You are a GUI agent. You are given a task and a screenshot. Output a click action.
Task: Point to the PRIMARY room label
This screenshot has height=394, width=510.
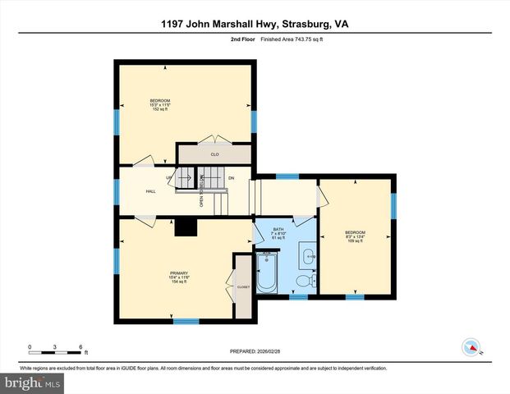click(x=179, y=273)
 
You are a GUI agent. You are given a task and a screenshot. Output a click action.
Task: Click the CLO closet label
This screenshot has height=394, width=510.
click(x=214, y=153)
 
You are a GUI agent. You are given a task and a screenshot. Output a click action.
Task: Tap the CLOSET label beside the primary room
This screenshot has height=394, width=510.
click(x=243, y=287)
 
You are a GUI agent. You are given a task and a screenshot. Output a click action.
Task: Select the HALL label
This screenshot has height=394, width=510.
click(x=151, y=191)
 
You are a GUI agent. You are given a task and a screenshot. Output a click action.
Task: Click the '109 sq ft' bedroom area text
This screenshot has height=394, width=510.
click(x=356, y=241)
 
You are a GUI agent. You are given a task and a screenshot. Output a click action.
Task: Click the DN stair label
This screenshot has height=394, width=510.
click(x=232, y=177)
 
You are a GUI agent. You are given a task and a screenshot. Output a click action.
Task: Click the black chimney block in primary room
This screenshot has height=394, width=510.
click(x=187, y=227)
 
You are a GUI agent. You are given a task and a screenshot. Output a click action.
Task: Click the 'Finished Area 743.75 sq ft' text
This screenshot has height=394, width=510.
click(x=288, y=39)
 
